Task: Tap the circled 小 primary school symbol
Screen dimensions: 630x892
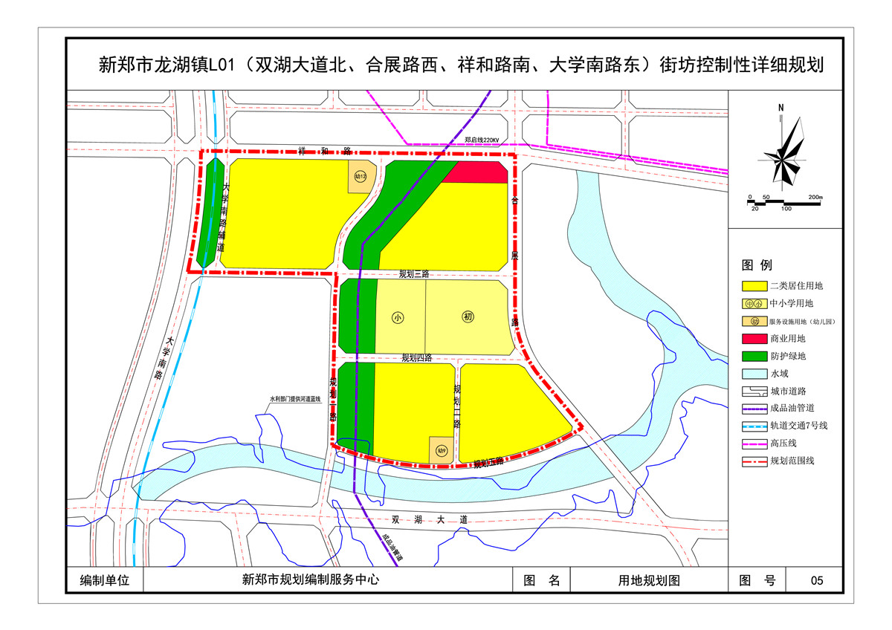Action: pyautogui.click(x=398, y=317)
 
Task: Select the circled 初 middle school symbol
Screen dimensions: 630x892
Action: pyautogui.click(x=468, y=317)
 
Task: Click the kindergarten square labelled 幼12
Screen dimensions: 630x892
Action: pyautogui.click(x=361, y=177)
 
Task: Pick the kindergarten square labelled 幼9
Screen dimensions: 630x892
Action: pyautogui.click(x=441, y=449)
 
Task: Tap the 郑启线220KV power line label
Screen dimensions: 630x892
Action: pyautogui.click(x=485, y=140)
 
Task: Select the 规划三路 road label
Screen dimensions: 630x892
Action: pyautogui.click(x=414, y=274)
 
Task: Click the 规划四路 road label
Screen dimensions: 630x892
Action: pyautogui.click(x=416, y=357)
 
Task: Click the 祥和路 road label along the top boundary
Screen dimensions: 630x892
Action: pyautogui.click(x=312, y=151)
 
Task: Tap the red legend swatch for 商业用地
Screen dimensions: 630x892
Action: pyautogui.click(x=754, y=339)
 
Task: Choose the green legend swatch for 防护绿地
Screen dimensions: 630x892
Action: pyautogui.click(x=754, y=357)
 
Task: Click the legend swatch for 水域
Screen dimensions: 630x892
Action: pyautogui.click(x=754, y=374)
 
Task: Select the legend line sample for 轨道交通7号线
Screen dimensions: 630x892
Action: pyautogui.click(x=754, y=426)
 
